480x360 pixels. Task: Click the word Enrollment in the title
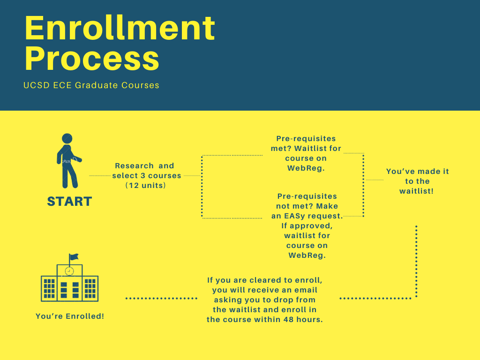pyautogui.click(x=120, y=28)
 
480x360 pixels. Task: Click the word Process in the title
pyautogui.click(x=92, y=59)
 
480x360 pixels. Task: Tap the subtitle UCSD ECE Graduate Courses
pyautogui.click(x=91, y=85)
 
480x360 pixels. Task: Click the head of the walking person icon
pyautogui.click(x=67, y=138)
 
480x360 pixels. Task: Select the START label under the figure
pyautogui.click(x=69, y=202)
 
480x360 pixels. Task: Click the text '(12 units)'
pyautogui.click(x=146, y=186)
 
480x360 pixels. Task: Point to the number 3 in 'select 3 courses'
pyautogui.click(x=143, y=176)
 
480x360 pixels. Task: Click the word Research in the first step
pyautogui.click(x=134, y=165)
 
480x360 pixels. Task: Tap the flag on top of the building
pyautogui.click(x=74, y=257)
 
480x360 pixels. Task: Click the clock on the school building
pyautogui.click(x=69, y=271)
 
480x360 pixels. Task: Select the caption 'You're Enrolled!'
pyautogui.click(x=70, y=316)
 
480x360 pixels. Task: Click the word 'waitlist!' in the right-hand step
pyautogui.click(x=416, y=191)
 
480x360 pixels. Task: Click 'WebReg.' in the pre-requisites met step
pyautogui.click(x=306, y=168)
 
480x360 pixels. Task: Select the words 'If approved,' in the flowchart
pyautogui.click(x=307, y=226)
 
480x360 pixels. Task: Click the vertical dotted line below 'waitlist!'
pyautogui.click(x=416, y=261)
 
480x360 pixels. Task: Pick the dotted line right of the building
pyautogui.click(x=161, y=298)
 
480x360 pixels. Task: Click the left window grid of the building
pyautogui.click(x=49, y=288)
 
